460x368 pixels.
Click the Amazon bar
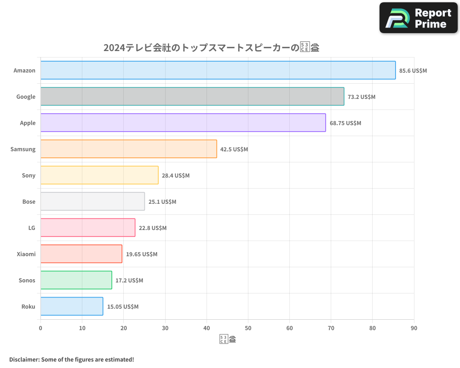coord(218,70)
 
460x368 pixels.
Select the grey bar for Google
coord(192,97)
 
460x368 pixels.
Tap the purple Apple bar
coord(183,123)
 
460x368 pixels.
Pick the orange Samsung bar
coord(129,149)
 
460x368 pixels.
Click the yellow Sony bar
coord(99,175)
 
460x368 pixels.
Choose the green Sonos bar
coord(76,280)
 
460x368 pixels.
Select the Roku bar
coord(72,306)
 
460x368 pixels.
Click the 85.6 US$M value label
coord(413,70)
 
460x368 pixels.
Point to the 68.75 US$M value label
coord(345,123)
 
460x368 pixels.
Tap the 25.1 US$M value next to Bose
coord(162,201)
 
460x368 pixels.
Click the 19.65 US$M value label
coord(141,254)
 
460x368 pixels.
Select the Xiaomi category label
coord(26,254)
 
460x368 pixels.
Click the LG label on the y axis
coord(32,228)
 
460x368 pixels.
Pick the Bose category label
coord(29,201)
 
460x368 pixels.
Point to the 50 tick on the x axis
coord(248,328)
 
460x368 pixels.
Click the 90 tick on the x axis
coord(414,328)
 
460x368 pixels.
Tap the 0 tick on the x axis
coord(40,328)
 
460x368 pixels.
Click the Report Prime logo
coord(418,18)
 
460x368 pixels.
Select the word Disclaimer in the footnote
coord(24,359)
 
